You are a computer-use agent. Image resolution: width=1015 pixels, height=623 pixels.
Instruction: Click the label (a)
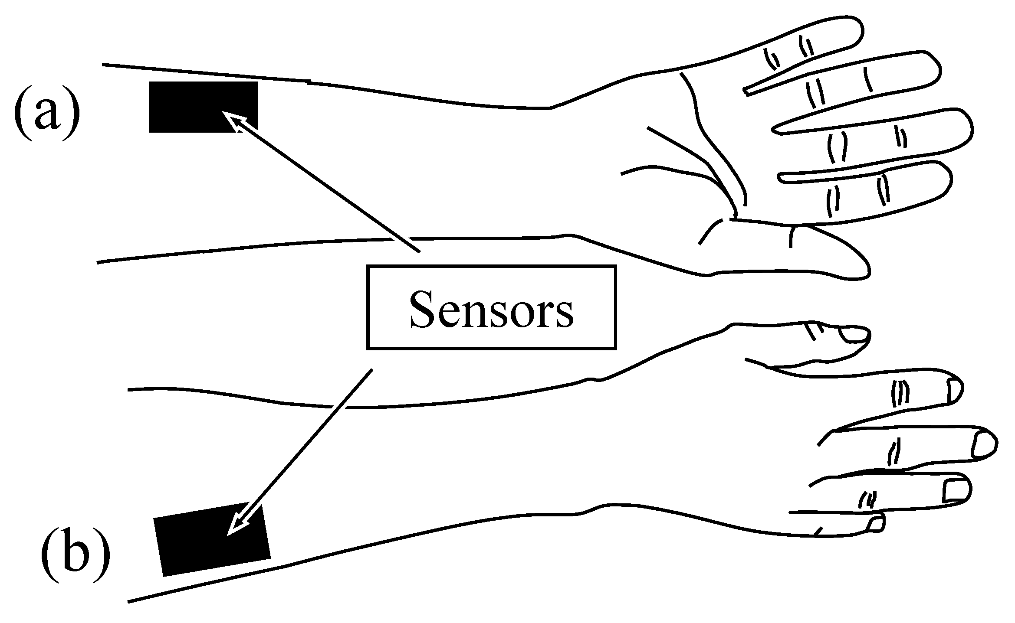pos(47,112)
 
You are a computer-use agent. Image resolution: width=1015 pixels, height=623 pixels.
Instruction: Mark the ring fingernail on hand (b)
pos(957,490)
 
